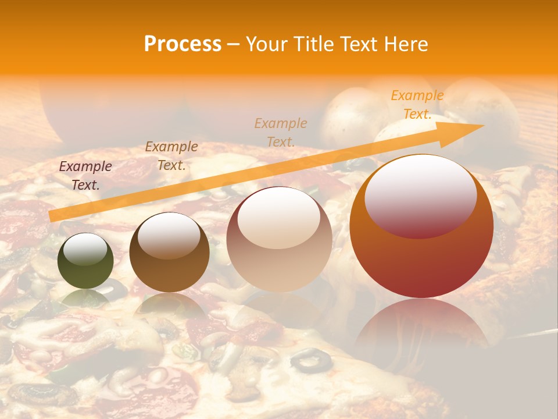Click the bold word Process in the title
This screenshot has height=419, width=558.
(x=183, y=44)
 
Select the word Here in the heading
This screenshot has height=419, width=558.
(x=405, y=44)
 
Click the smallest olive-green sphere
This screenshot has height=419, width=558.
(x=85, y=261)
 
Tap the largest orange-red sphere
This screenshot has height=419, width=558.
(x=421, y=227)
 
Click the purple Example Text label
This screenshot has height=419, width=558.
(x=85, y=176)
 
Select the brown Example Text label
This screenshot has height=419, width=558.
(x=171, y=155)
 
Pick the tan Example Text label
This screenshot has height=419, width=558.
(x=281, y=132)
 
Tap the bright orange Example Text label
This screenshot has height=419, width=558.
(x=417, y=105)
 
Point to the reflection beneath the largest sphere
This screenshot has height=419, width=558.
(x=421, y=326)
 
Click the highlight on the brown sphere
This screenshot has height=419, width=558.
(x=169, y=235)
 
